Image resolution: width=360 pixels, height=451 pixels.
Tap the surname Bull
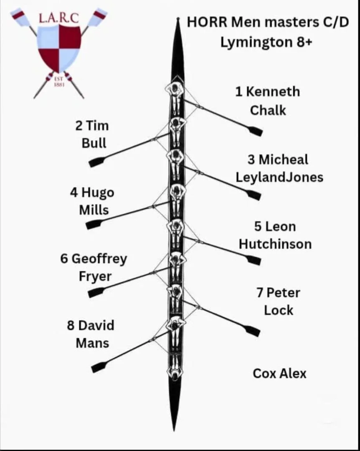[94, 143]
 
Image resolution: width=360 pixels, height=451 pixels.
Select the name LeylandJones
[279, 177]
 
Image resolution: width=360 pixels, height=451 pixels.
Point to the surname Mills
[94, 210]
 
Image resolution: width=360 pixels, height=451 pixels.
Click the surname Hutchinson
[275, 244]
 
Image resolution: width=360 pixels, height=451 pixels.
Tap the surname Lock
[279, 310]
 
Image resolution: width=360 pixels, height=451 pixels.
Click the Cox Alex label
[279, 373]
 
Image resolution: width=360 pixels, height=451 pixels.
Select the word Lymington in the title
[254, 42]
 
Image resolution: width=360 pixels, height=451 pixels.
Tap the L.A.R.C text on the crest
[58, 18]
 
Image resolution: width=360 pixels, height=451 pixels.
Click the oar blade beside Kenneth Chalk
[255, 131]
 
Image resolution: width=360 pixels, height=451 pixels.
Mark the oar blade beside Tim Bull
[96, 162]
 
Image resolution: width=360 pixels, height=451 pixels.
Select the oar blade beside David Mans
[99, 367]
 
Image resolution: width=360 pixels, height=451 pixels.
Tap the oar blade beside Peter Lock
[252, 331]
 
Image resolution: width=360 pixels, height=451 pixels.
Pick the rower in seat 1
[175, 89]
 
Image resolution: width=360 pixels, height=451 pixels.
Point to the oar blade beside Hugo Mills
[94, 224]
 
